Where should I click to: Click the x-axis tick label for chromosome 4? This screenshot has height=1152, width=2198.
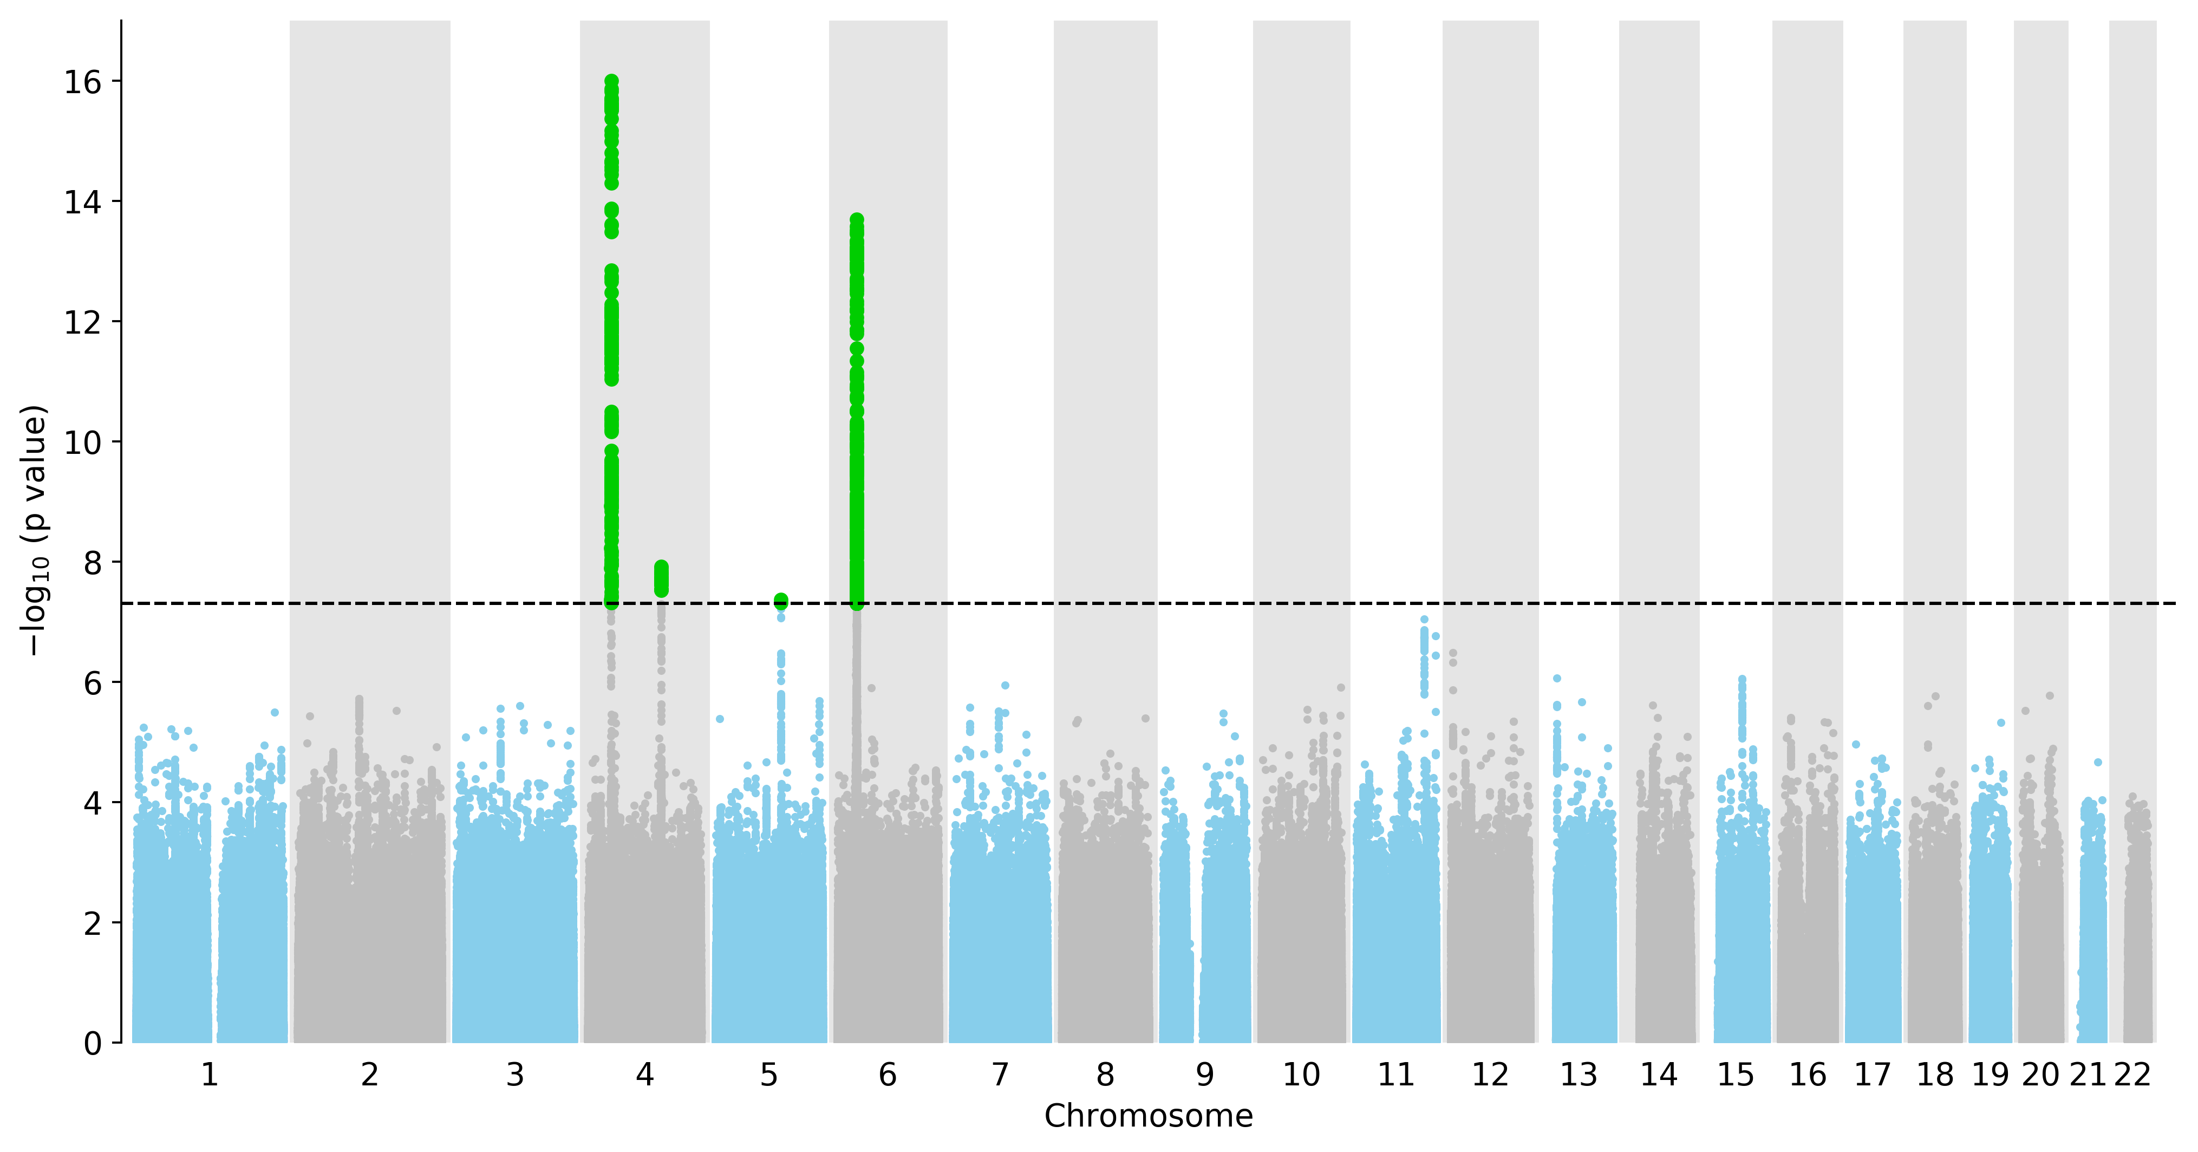click(645, 1075)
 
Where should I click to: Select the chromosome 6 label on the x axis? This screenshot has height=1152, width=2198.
click(888, 1075)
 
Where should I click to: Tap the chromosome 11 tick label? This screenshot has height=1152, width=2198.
click(1396, 1075)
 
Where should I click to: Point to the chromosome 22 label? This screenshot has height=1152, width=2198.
click(2132, 1075)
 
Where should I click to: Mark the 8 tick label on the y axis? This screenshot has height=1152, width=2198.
click(92, 562)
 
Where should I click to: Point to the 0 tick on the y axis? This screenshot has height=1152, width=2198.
click(92, 1043)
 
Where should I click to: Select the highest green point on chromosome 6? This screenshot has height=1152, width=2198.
click(857, 220)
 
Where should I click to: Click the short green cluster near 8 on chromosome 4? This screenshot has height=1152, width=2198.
click(661, 580)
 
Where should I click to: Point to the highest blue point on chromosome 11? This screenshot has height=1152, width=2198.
click(1423, 620)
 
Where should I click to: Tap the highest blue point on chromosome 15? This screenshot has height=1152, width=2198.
click(1743, 679)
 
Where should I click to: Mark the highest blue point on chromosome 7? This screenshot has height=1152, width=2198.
click(1005, 685)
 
